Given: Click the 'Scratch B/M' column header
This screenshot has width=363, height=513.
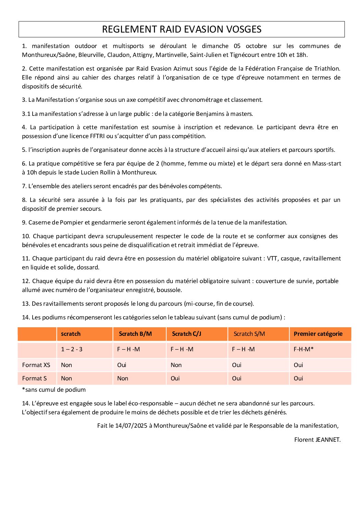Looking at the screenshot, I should (x=135, y=334).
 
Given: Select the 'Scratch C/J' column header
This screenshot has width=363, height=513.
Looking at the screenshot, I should (x=186, y=334).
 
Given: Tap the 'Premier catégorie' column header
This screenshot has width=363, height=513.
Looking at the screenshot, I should (x=318, y=334).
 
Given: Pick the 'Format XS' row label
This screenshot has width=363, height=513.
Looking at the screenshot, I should (x=36, y=365).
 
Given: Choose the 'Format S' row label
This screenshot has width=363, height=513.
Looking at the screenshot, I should (x=34, y=378).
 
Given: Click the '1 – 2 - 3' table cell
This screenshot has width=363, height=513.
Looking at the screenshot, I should (x=72, y=349).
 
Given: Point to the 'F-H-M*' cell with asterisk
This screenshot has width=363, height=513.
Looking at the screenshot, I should (x=303, y=349).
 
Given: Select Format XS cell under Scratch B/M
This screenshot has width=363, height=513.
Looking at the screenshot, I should (x=122, y=365).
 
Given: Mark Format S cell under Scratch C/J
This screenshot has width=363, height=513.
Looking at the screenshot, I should (x=175, y=378).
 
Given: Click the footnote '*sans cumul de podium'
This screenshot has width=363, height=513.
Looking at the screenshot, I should (x=54, y=390).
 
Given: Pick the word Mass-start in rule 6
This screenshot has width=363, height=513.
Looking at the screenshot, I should (x=326, y=163).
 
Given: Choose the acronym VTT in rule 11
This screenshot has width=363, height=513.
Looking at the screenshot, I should (x=272, y=258).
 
